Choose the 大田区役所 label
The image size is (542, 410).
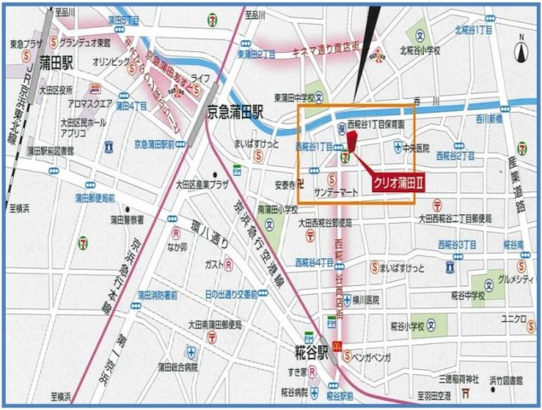tap(56, 89)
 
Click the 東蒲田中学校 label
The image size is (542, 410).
tap(298, 97)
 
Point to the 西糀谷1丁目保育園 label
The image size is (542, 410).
tap(381, 123)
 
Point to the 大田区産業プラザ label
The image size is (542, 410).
tap(203, 183)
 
